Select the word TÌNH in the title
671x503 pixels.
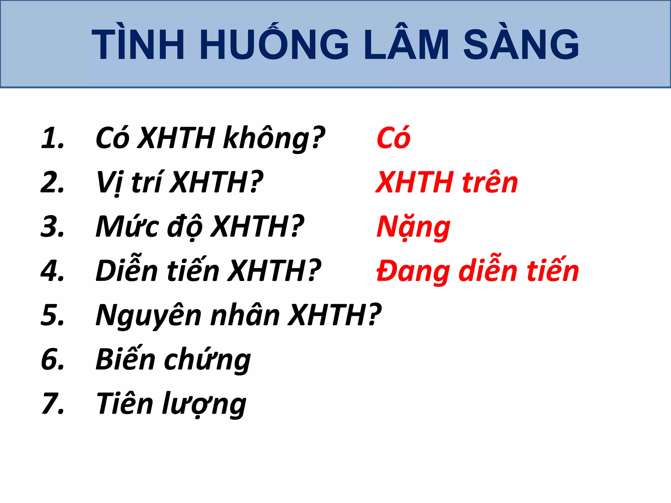coord(138,44)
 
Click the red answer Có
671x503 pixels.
coord(393,138)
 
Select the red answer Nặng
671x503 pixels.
coord(413,227)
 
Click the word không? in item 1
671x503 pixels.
coord(274,138)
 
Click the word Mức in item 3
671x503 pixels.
coord(127,227)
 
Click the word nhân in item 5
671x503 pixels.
coord(244,315)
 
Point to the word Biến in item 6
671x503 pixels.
coord(125,359)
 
